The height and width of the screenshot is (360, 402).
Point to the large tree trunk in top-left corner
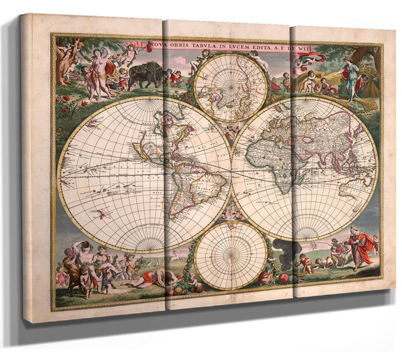coord(68,64)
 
